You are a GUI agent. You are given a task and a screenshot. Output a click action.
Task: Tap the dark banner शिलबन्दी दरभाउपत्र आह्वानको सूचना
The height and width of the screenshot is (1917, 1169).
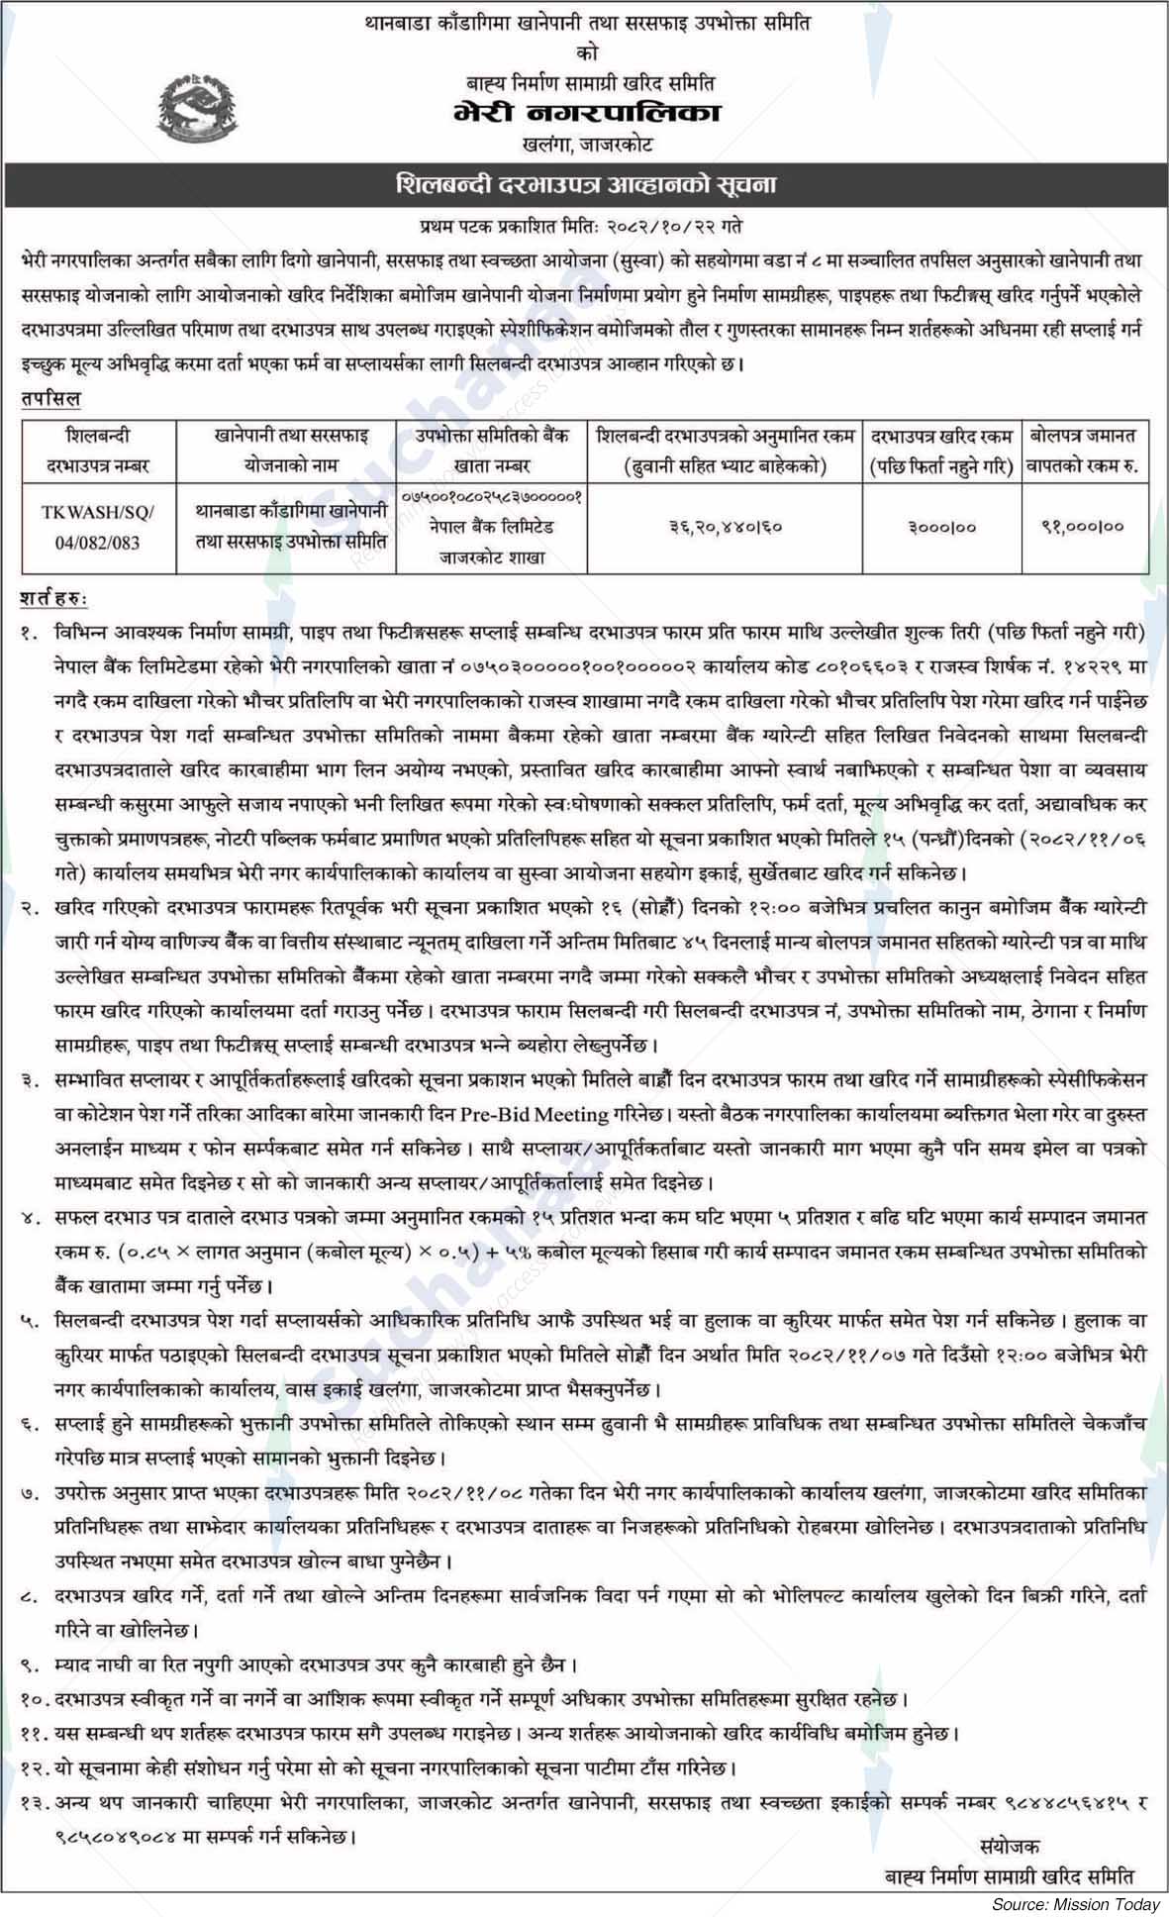584,186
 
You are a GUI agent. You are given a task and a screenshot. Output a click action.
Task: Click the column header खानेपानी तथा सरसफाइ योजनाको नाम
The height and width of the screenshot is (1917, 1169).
287,450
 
